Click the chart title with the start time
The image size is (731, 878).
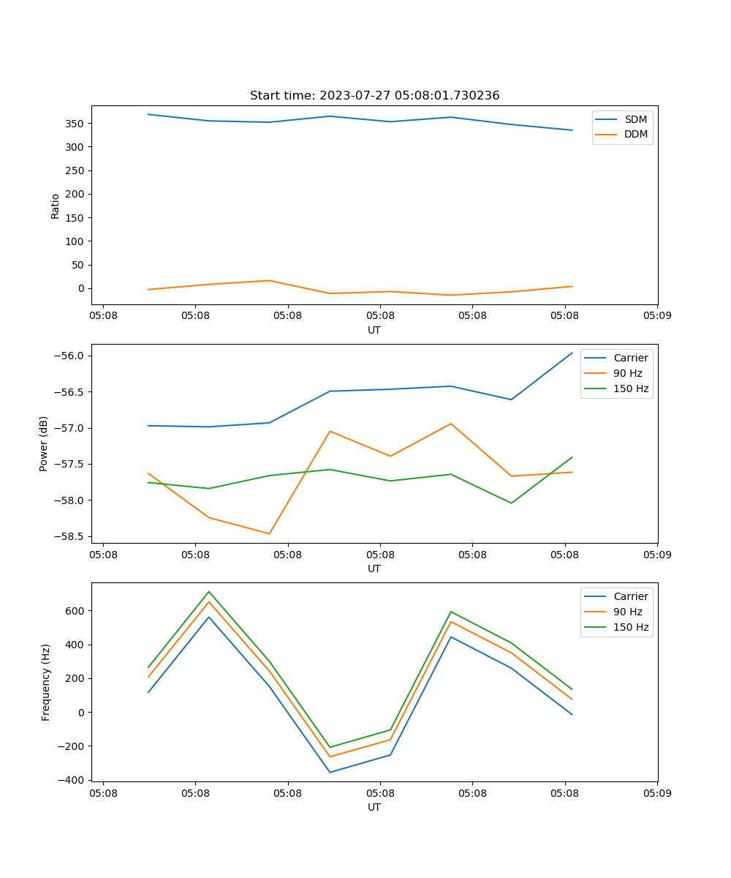(x=374, y=96)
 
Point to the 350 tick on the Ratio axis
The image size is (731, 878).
(x=76, y=123)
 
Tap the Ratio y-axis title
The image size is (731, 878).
(x=56, y=206)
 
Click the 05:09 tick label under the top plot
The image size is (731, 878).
(x=656, y=316)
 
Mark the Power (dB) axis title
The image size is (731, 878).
(x=44, y=443)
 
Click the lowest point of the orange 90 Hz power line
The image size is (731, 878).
(x=269, y=533)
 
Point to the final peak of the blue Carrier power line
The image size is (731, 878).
(x=572, y=353)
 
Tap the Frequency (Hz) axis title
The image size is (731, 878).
(x=45, y=682)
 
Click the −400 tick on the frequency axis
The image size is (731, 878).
(x=72, y=780)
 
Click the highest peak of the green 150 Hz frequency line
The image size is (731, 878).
(x=209, y=591)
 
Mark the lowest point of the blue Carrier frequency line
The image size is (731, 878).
(x=330, y=772)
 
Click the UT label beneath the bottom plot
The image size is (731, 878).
(x=374, y=807)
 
